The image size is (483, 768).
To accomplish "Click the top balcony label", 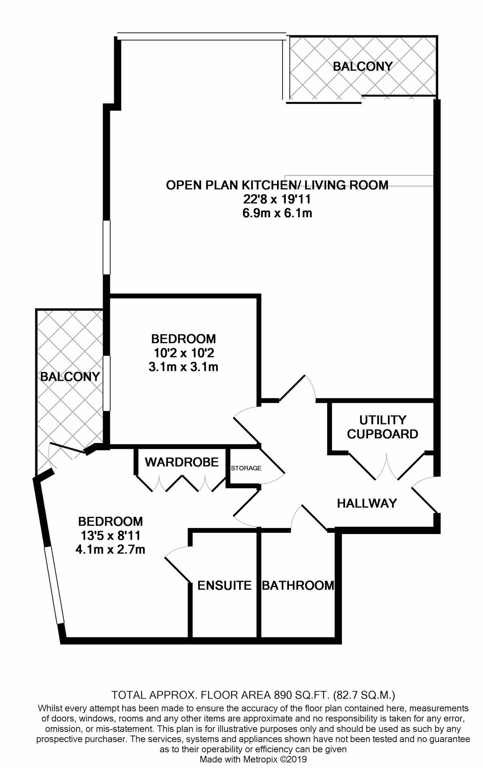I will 362,66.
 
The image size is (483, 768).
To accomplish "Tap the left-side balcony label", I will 70,377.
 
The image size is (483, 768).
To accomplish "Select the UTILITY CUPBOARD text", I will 382,427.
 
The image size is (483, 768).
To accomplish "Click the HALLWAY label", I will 367,503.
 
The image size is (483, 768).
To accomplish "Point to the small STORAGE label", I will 246,468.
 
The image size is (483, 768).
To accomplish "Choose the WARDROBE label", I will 182,462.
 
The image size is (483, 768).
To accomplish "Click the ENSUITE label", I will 224,585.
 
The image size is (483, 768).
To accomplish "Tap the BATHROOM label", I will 298,585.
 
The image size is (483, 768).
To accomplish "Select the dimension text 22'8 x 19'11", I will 277,199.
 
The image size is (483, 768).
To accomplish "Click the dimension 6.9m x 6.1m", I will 277,213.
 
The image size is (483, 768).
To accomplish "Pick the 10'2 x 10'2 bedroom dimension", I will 184,353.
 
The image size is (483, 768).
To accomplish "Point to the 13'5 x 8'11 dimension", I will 110,536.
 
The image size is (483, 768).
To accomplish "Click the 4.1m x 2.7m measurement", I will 110,549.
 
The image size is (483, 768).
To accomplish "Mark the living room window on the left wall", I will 107,247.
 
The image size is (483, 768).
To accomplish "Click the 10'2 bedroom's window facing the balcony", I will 107,383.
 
